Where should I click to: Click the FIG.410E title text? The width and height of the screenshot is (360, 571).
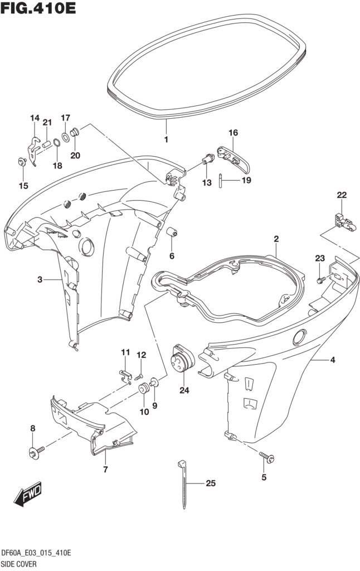point(38,9)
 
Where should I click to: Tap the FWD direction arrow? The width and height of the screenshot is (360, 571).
point(28,493)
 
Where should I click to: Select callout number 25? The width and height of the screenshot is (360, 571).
point(210,483)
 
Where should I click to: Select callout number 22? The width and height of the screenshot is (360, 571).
point(341,195)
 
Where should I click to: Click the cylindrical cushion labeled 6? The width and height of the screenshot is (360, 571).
point(172,233)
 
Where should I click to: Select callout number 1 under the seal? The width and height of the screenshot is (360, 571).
point(166,139)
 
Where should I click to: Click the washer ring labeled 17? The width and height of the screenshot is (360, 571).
point(65,136)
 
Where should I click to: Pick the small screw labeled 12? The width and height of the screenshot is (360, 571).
point(141,377)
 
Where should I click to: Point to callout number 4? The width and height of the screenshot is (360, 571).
point(332,360)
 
